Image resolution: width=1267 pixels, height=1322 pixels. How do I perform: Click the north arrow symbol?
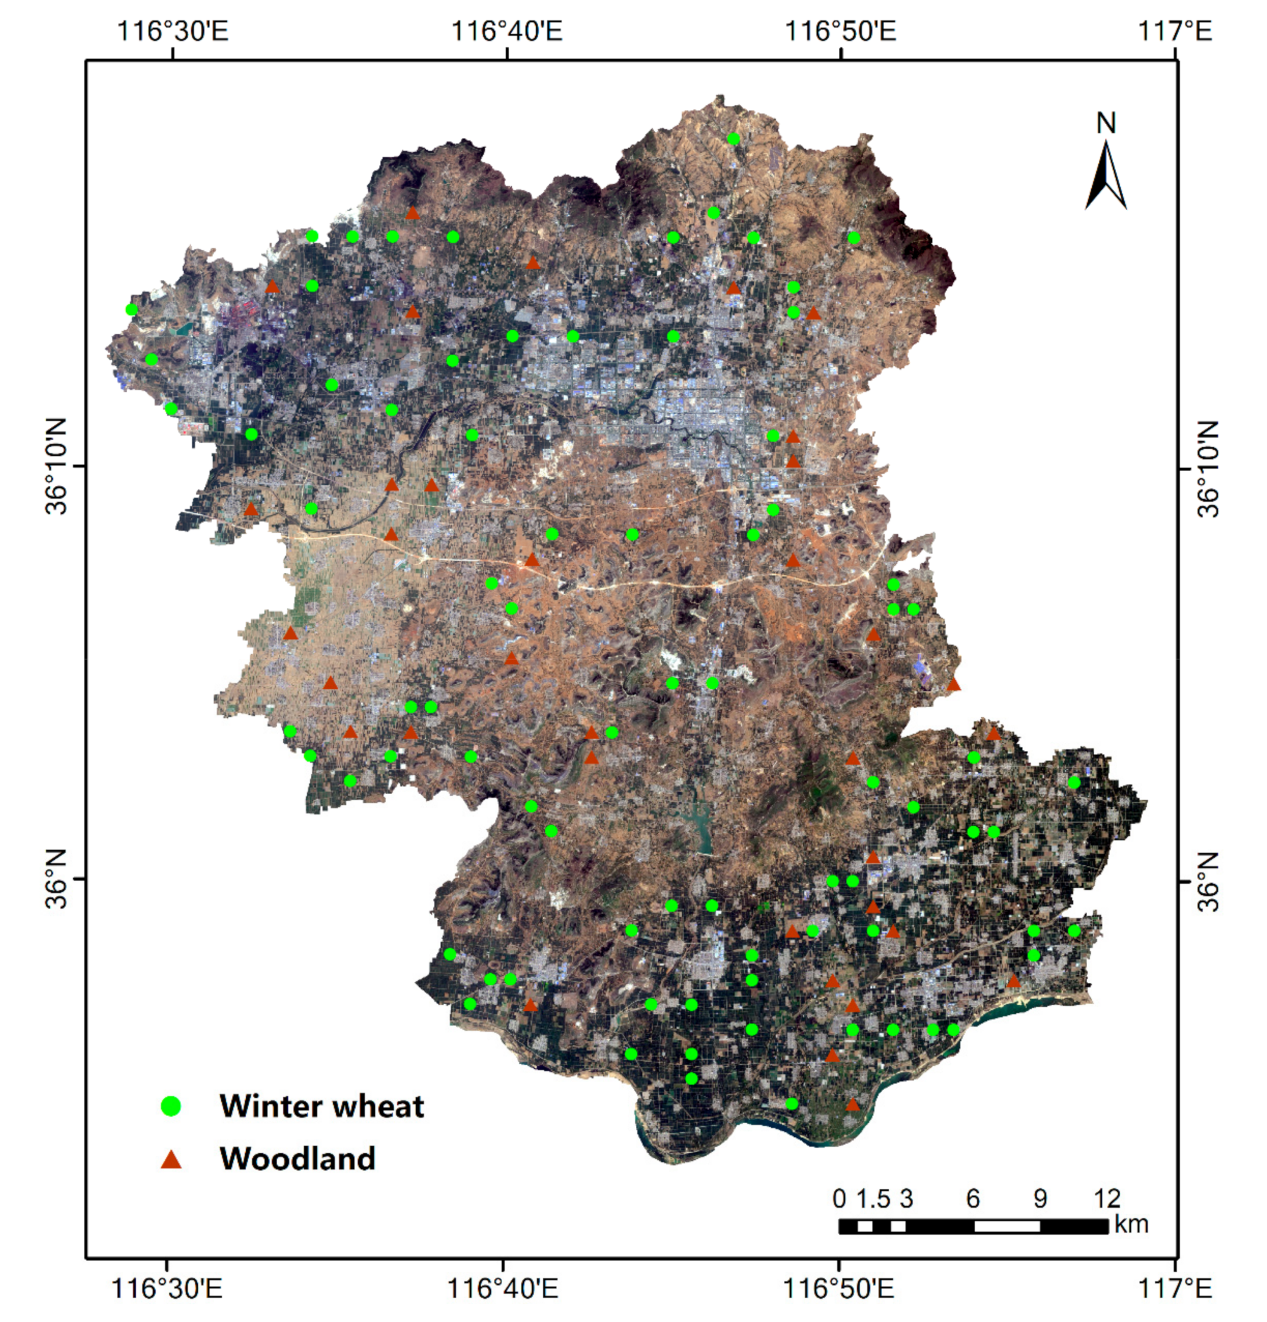click(1106, 175)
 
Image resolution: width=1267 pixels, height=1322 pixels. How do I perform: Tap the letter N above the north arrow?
click(1106, 124)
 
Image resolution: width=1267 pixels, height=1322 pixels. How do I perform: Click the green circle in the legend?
click(171, 1106)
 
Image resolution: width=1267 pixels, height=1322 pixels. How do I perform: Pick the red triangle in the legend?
click(171, 1159)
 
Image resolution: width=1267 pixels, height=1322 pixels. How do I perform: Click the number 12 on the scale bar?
click(1107, 1198)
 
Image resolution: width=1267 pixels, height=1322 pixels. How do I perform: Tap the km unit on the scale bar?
click(1131, 1224)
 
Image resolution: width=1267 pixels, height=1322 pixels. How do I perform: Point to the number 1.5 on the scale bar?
click(873, 1198)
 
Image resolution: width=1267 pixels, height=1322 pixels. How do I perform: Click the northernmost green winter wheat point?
click(734, 139)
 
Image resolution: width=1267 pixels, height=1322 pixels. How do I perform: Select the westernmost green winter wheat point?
click(131, 309)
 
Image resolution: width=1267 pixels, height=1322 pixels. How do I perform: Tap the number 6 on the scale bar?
click(972, 1198)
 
